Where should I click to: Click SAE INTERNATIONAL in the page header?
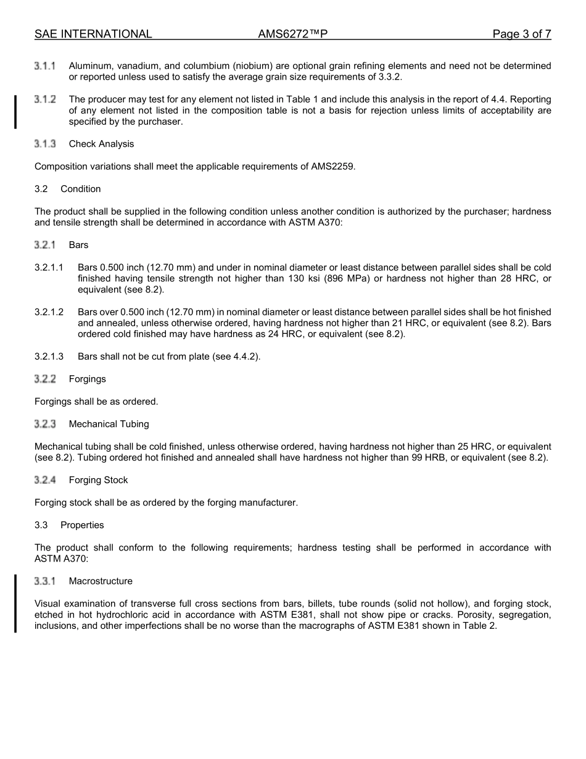coord(93,35)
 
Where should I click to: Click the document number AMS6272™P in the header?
coord(292,35)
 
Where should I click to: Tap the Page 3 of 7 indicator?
coord(521,35)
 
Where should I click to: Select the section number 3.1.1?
coord(45,65)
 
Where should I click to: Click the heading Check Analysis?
coord(101,144)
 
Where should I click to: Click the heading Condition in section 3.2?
coord(80,189)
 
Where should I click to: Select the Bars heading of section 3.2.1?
coord(78,245)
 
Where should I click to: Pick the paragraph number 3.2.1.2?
coord(49,312)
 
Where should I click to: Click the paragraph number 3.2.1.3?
coord(49,357)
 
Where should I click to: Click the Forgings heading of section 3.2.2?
coord(87,379)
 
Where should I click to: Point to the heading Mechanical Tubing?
coord(109,424)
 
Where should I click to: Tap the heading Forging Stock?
coord(98,480)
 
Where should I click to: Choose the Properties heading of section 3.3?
coord(82,525)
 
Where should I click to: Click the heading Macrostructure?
coord(101,581)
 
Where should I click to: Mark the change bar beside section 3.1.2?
coord(16,111)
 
